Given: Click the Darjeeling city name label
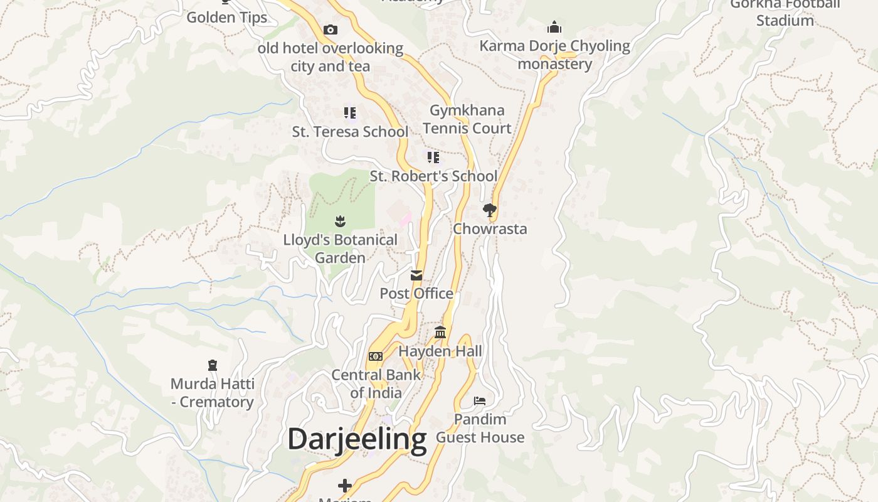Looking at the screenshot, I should [x=357, y=439].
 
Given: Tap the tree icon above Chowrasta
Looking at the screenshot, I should [x=490, y=210].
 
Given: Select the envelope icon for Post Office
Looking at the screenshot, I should [x=416, y=275].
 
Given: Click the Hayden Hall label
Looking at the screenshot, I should [x=440, y=351].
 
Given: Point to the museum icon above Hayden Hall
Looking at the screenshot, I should [x=440, y=332].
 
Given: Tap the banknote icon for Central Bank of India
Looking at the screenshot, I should [x=376, y=356].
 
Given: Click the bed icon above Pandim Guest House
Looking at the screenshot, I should [x=480, y=400].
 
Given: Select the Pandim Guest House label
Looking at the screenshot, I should [x=480, y=428].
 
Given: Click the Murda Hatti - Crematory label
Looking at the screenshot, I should [x=213, y=393].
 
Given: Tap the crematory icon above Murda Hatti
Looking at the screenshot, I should [x=213, y=365].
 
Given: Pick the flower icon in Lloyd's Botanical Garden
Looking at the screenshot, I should [x=340, y=221].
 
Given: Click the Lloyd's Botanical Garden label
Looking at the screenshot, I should [x=340, y=248].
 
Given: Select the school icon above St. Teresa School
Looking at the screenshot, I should [x=350, y=113].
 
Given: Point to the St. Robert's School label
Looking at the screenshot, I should [x=433, y=176].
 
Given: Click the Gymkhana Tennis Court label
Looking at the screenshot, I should [x=467, y=119].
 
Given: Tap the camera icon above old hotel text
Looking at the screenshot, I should [x=331, y=29].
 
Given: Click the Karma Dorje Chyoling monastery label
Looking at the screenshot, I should [x=554, y=55].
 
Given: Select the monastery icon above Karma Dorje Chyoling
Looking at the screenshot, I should [x=554, y=27].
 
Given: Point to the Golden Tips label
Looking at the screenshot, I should [x=227, y=18].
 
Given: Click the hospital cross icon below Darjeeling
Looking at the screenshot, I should [x=345, y=485].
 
